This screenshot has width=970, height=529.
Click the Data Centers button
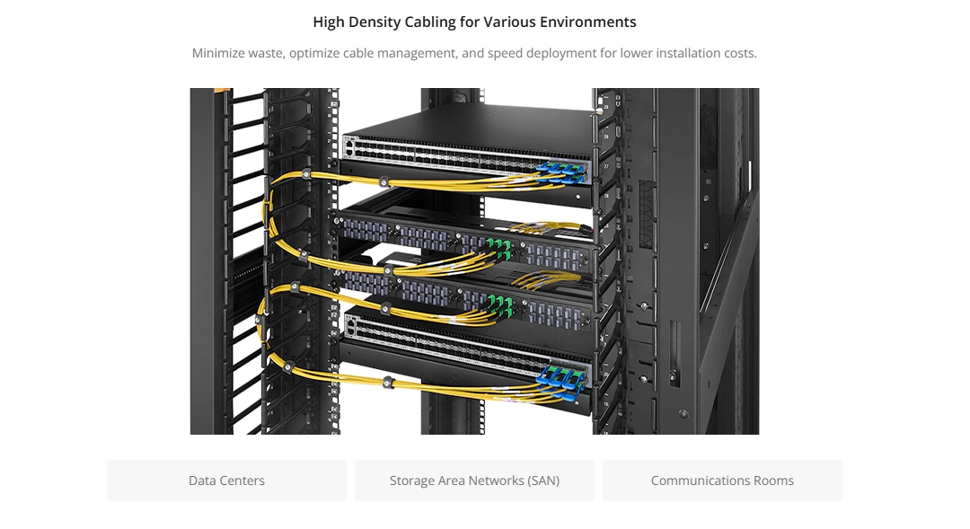point(226,481)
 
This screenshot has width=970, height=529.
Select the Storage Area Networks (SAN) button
point(474,481)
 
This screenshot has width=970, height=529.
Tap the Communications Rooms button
point(722,481)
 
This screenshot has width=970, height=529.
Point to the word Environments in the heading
point(587,22)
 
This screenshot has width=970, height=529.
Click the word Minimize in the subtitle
point(217,53)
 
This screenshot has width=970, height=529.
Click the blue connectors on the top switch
point(561,172)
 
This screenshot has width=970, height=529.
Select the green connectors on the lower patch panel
point(500,305)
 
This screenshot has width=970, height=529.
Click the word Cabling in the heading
point(430,22)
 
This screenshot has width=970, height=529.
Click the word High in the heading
point(329,22)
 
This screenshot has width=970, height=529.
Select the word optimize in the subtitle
point(314,54)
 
